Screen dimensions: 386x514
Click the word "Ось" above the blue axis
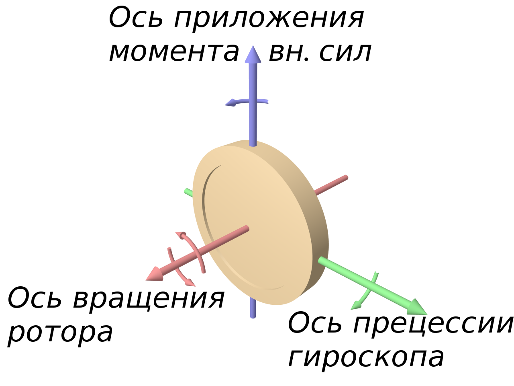click(136, 18)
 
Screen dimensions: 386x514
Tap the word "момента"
click(174, 52)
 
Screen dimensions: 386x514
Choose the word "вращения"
click(149, 299)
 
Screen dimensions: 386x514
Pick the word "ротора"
click(60, 333)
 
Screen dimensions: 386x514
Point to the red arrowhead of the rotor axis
click(155, 275)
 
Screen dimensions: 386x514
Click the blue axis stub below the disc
click(253, 308)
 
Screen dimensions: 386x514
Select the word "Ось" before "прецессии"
click(315, 324)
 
